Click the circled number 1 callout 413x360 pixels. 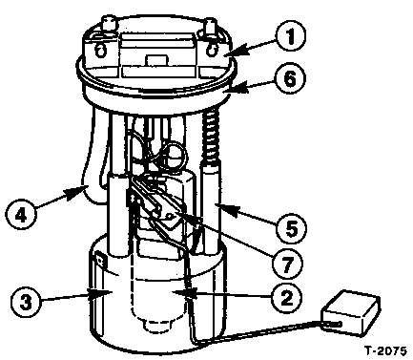[290, 35]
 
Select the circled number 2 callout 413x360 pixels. [286, 298]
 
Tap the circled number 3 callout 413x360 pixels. [26, 301]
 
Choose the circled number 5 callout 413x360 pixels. [291, 228]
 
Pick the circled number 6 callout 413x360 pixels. [290, 78]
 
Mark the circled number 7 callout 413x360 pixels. [287, 264]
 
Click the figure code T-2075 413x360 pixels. [385, 351]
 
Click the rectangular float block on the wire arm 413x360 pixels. [351, 312]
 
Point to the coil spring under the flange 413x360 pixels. [210, 137]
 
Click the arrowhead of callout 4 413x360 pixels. [75, 192]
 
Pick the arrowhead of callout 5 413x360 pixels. [227, 209]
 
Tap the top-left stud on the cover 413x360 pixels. [108, 24]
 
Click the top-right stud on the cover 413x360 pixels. [211, 27]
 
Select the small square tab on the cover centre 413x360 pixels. [156, 61]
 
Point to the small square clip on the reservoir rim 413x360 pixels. [100, 260]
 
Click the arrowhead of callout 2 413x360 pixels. [190, 293]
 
